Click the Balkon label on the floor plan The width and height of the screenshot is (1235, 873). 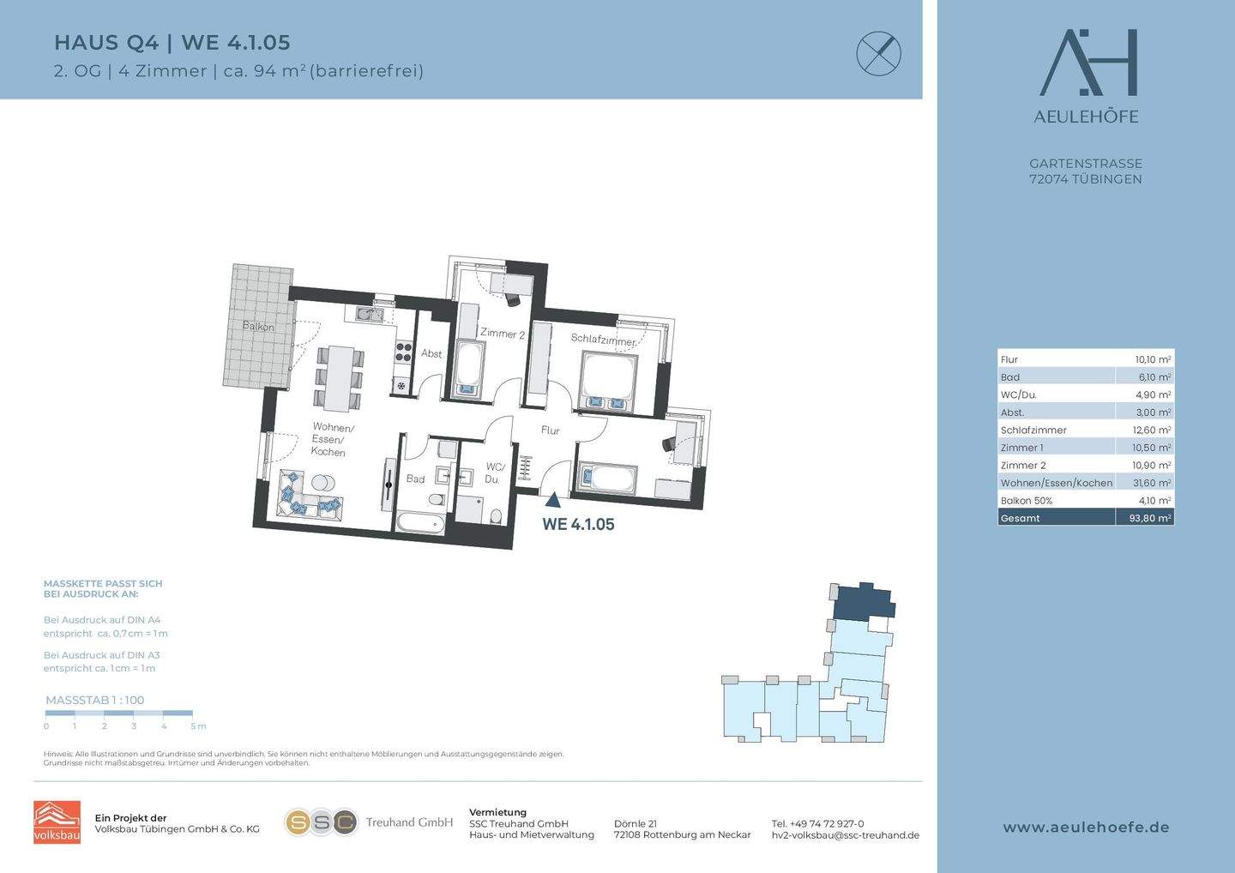258,326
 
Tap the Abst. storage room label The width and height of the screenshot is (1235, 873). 431,353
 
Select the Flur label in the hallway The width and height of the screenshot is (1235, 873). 551,430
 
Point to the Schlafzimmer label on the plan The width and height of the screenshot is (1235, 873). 603,340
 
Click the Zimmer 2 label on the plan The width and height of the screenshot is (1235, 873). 503,334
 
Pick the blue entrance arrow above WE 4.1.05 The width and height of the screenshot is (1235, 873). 553,500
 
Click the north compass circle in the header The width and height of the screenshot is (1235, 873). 879,53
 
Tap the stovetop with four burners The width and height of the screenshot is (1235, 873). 404,352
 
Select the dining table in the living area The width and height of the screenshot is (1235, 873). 339,378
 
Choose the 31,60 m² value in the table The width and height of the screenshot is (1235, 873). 1152,483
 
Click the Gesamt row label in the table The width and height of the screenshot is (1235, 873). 1020,518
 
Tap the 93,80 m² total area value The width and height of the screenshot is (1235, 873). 1150,518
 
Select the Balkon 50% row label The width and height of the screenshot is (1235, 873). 1026,501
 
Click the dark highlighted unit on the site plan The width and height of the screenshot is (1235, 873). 862,603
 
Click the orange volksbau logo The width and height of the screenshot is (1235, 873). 57,822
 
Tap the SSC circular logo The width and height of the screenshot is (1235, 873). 321,822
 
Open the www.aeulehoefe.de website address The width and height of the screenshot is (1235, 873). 1086,828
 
